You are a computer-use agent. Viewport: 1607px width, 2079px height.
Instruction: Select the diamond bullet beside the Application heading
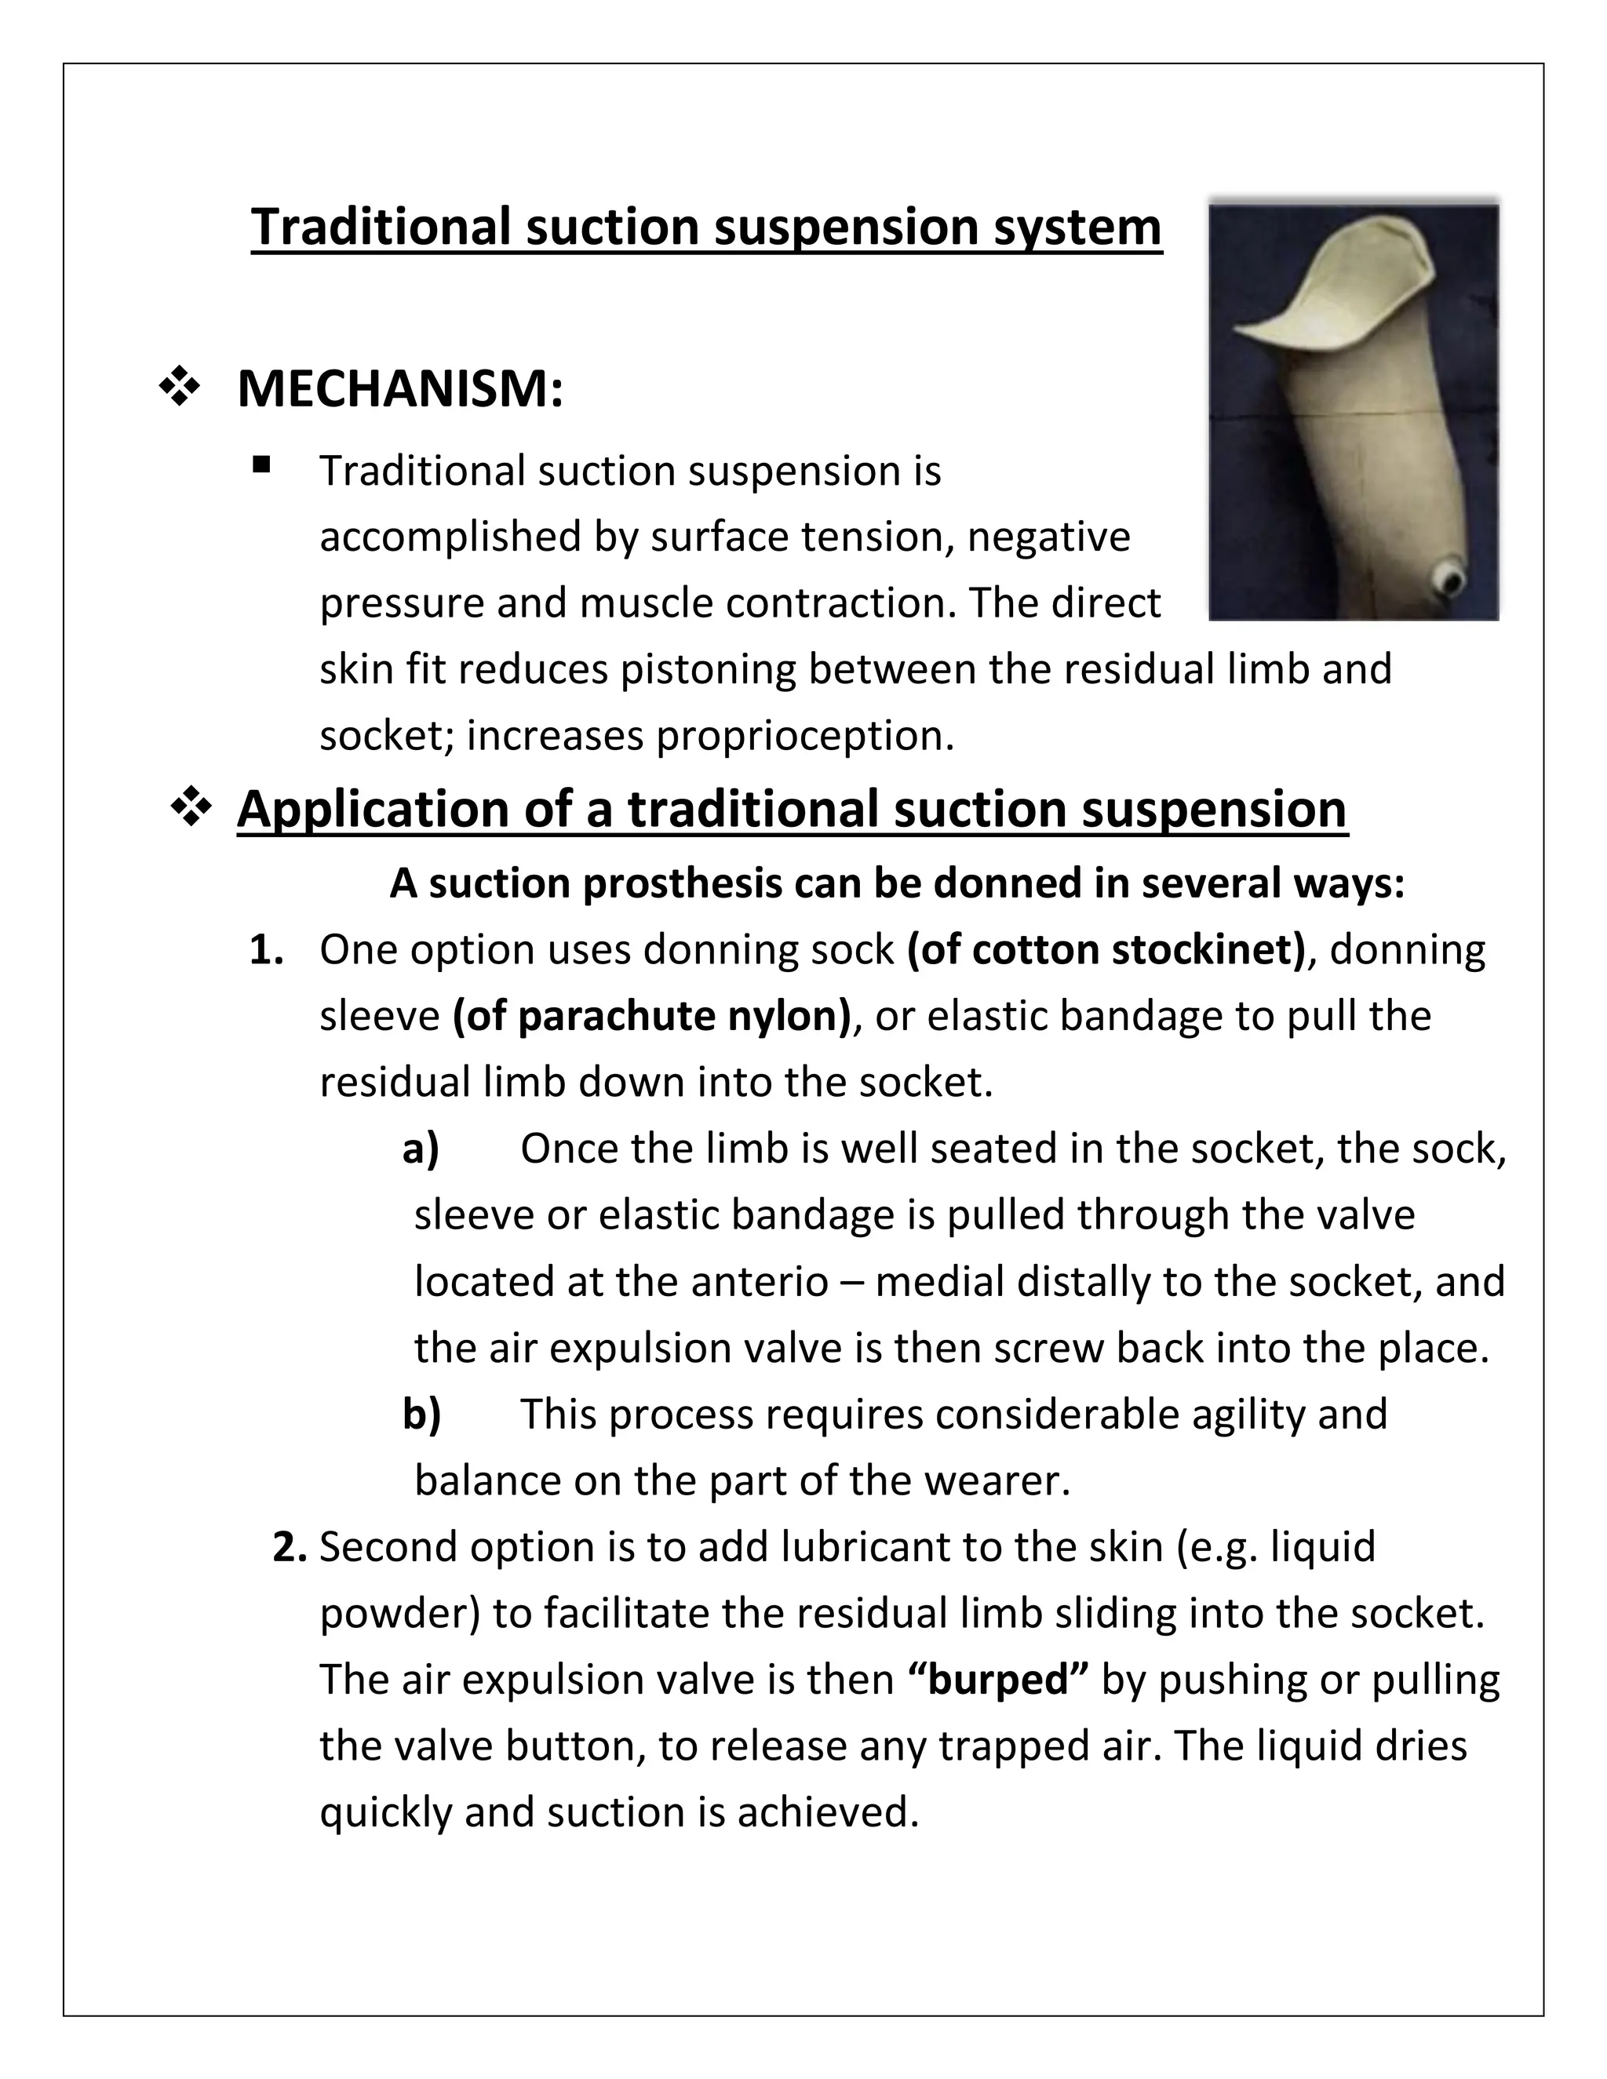pyautogui.click(x=191, y=808)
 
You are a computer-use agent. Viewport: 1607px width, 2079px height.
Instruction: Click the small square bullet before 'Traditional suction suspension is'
pyautogui.click(x=262, y=465)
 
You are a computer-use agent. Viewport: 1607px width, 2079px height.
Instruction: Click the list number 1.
pyautogui.click(x=266, y=950)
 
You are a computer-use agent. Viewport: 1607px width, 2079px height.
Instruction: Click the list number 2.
pyautogui.click(x=289, y=1547)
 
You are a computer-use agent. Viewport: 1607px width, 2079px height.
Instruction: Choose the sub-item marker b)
pyautogui.click(x=421, y=1415)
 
